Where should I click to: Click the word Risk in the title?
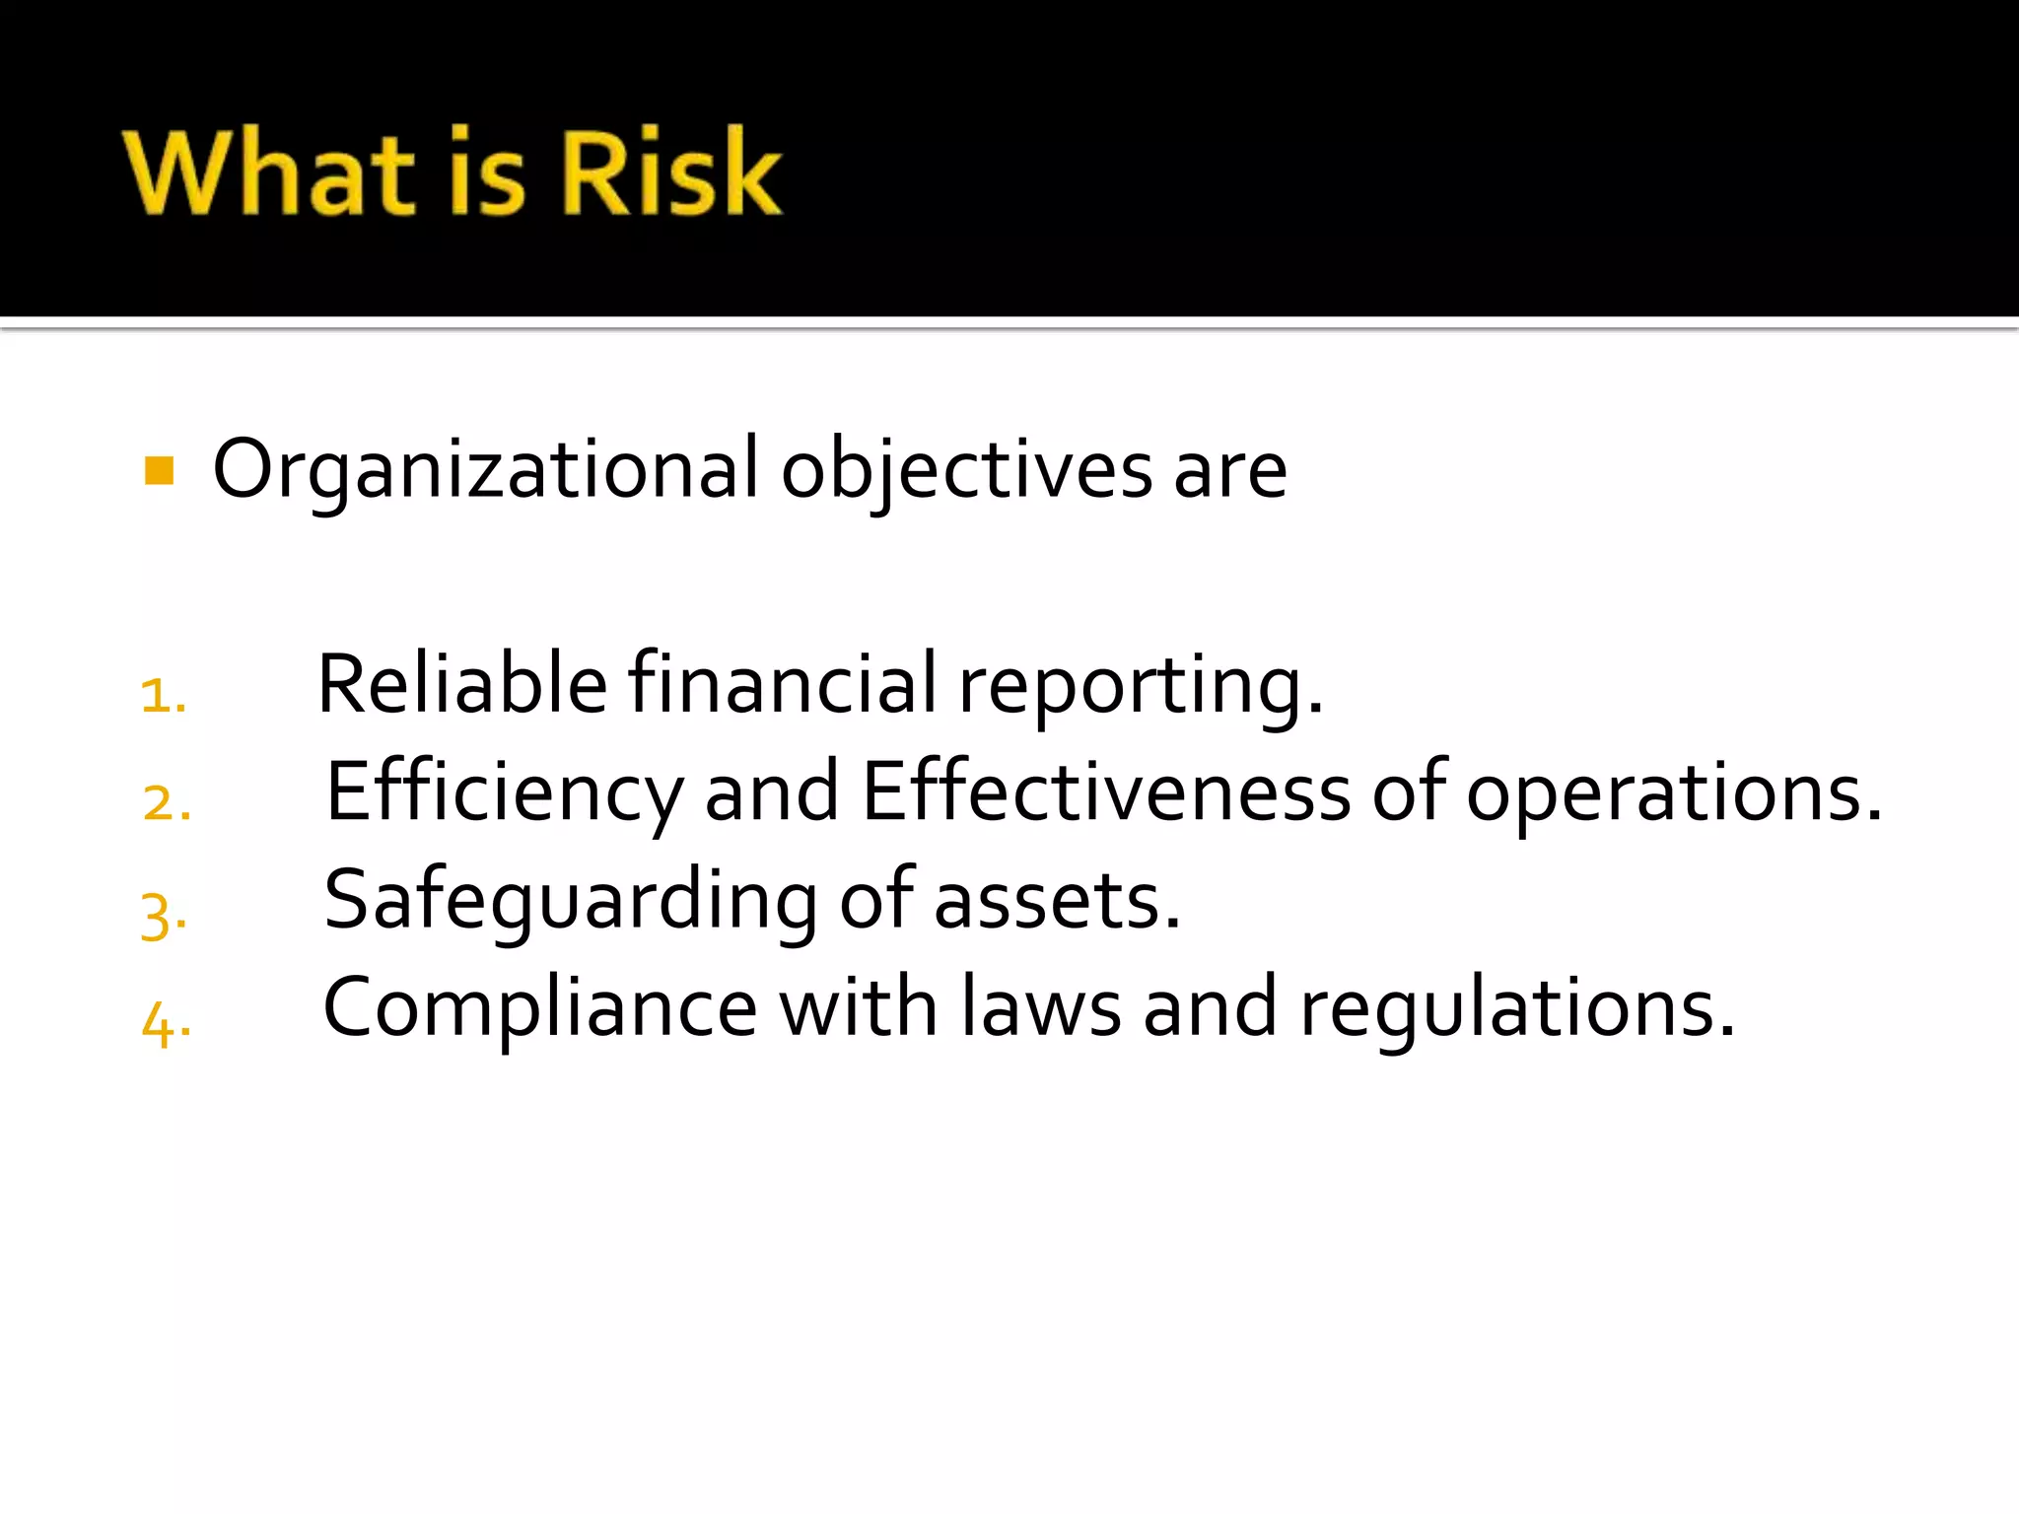point(670,172)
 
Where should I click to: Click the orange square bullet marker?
point(159,471)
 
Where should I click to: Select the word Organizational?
point(486,469)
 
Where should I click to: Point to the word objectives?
point(966,469)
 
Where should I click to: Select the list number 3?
point(162,917)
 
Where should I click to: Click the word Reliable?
point(461,684)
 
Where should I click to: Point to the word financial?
point(783,684)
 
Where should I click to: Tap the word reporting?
point(1139,688)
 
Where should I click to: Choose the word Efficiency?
point(504,792)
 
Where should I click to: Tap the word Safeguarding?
point(570,901)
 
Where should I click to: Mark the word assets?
point(1055,903)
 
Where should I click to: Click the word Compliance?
point(539,1008)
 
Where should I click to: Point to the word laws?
point(1040,1007)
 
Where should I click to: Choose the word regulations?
point(1516,1010)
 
